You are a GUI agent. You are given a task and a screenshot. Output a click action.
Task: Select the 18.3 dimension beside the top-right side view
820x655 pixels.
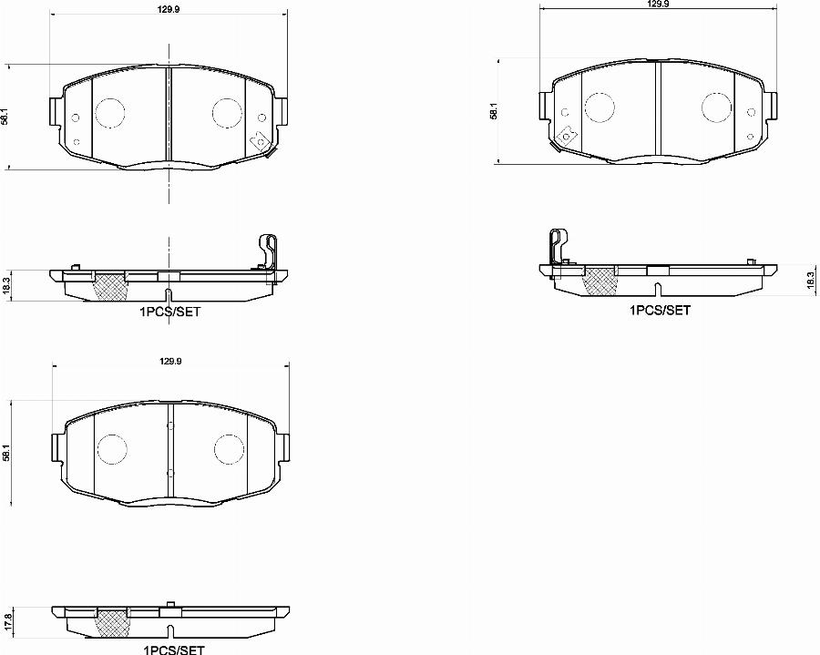click(x=809, y=281)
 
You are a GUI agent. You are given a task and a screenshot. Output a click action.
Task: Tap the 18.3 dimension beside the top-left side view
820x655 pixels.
click(x=8, y=284)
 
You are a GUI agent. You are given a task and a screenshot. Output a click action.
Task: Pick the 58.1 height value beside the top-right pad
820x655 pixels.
click(x=493, y=112)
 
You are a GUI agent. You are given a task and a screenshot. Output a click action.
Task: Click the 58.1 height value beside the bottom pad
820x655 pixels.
click(x=8, y=453)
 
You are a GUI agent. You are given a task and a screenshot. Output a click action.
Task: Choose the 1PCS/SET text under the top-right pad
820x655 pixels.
click(x=660, y=310)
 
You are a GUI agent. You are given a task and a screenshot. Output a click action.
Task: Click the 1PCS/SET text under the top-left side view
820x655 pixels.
click(x=169, y=312)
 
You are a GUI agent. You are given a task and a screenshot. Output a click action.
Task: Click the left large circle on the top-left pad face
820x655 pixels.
click(x=109, y=112)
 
